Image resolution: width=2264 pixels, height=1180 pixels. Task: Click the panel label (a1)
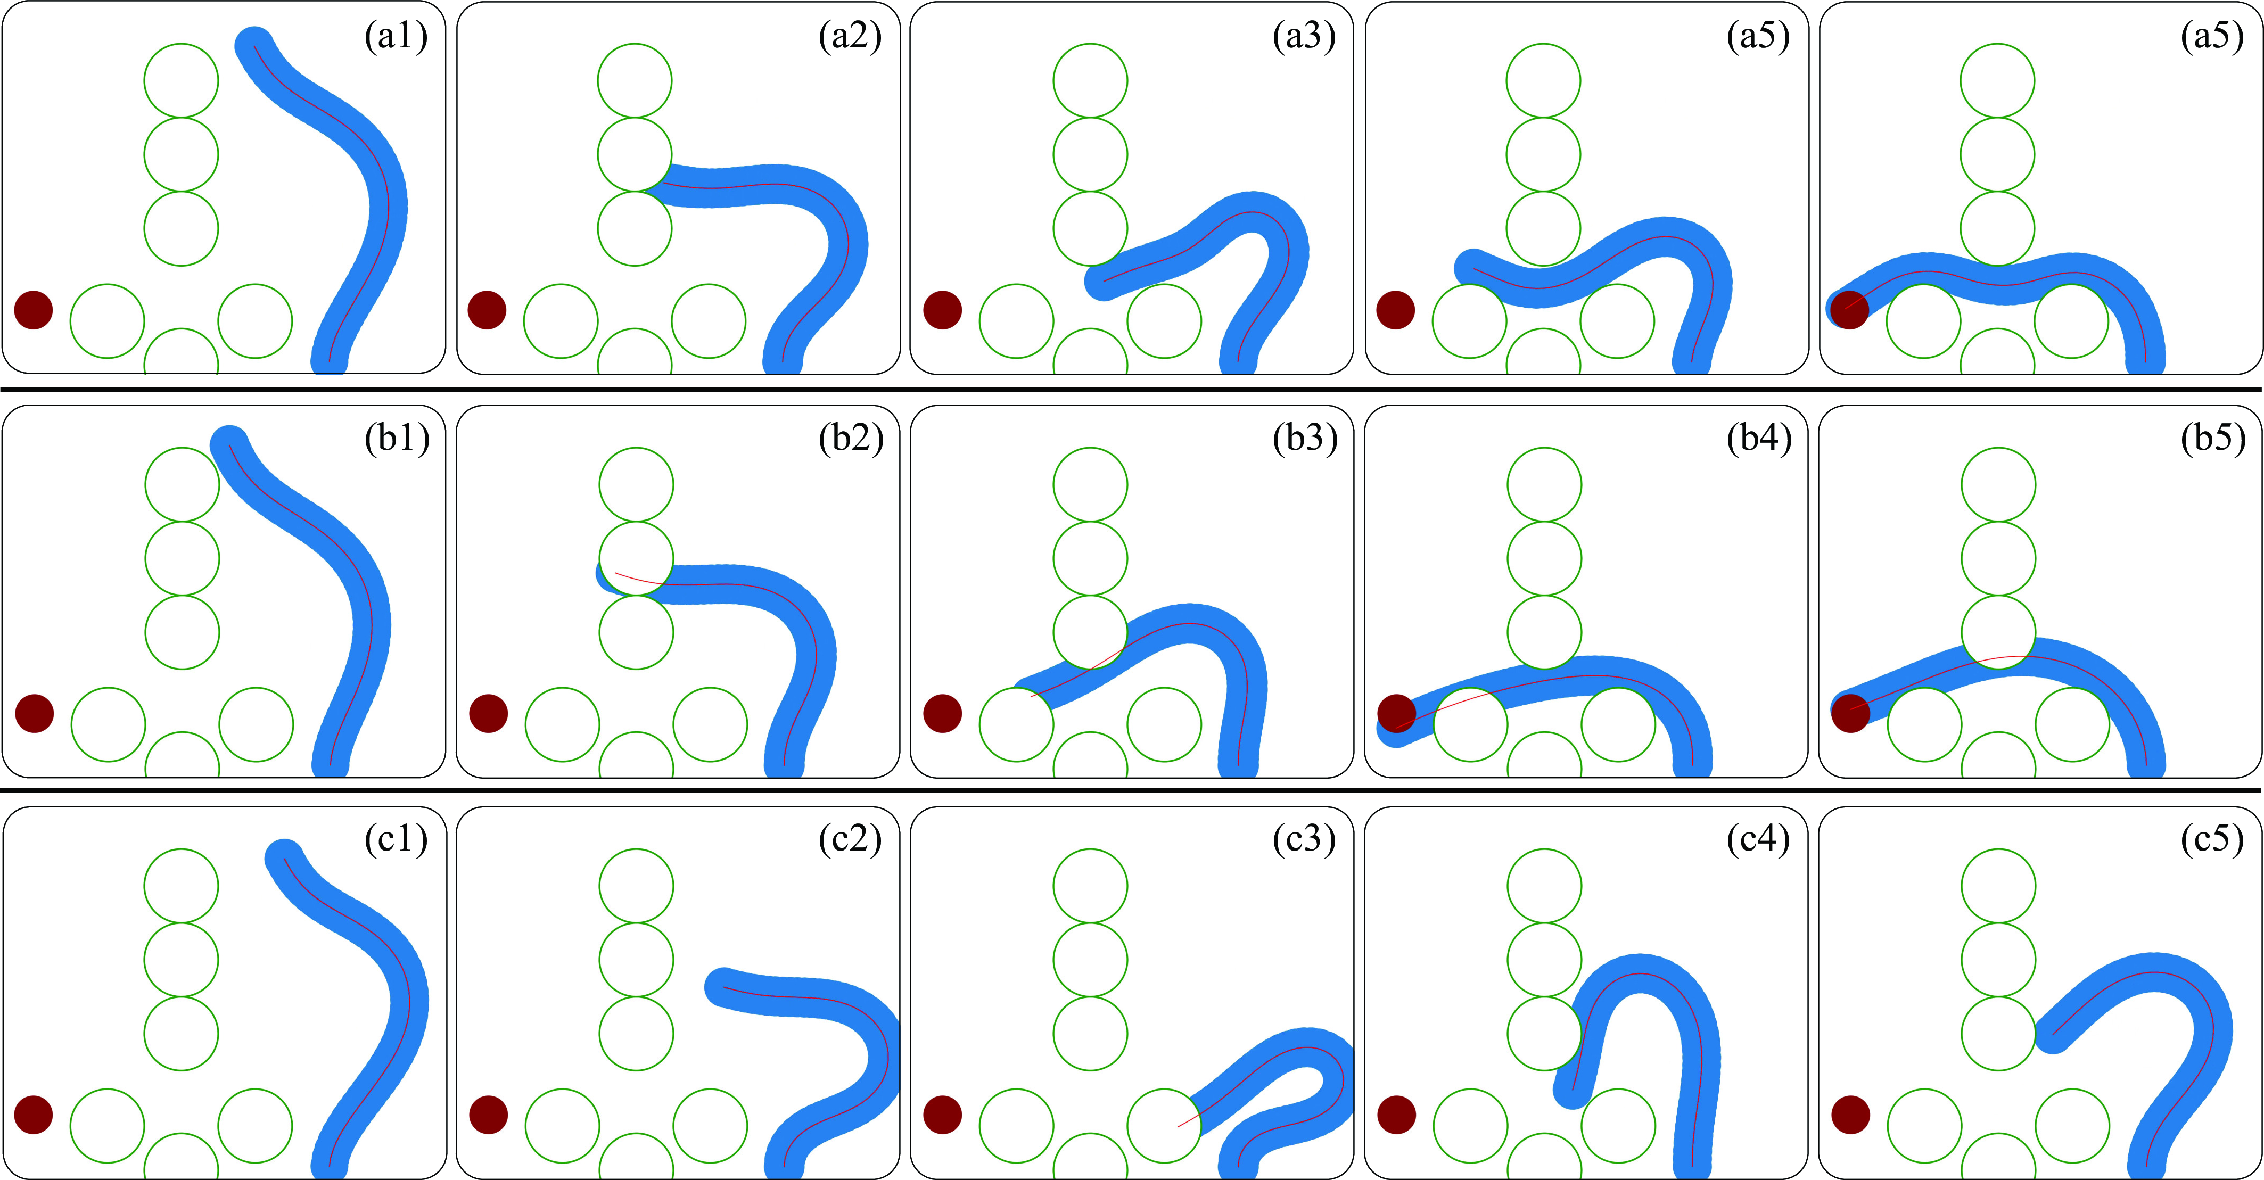point(397,37)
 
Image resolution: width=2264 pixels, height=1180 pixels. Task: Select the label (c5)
point(2213,839)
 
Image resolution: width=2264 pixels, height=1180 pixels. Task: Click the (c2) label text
point(851,839)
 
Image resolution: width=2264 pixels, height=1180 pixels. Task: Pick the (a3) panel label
point(1304,37)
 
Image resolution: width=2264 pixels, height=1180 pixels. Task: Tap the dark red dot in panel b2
point(489,713)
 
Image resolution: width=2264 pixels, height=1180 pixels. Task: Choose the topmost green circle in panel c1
point(181,886)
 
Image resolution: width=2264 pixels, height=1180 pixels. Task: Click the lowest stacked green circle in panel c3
point(1090,1033)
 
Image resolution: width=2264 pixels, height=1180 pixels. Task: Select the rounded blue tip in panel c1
point(284,857)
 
